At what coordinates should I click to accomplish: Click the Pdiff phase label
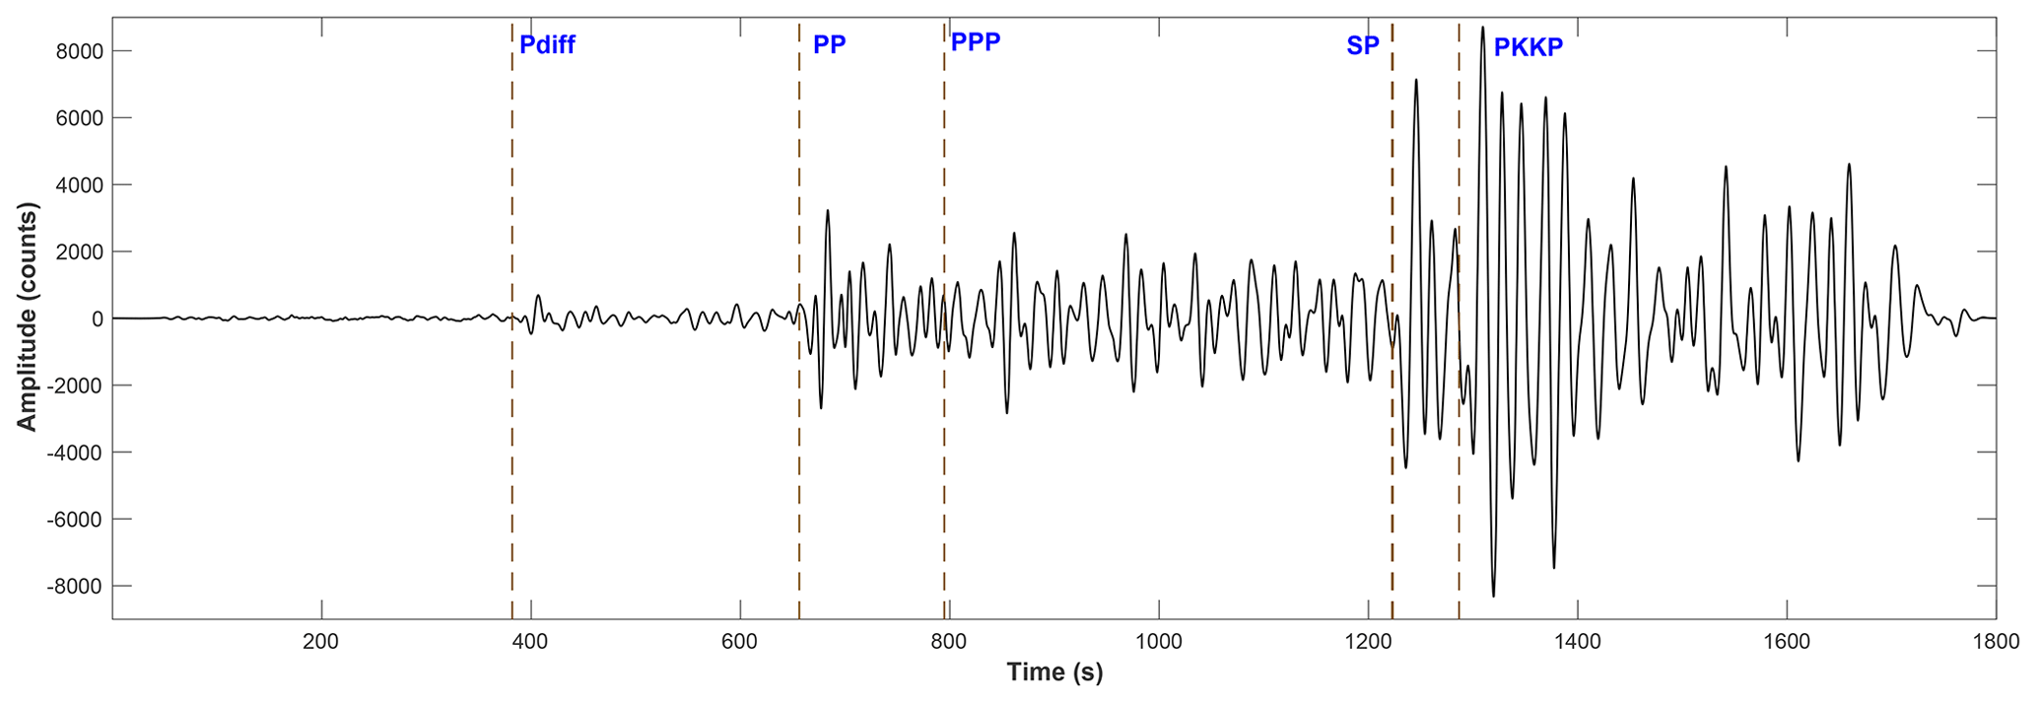[x=547, y=44]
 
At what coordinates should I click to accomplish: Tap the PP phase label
[x=829, y=44]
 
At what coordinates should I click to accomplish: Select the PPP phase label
[x=975, y=41]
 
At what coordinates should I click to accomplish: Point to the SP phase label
[x=1362, y=45]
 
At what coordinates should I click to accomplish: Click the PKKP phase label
[x=1528, y=47]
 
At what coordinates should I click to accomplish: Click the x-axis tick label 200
[x=321, y=642]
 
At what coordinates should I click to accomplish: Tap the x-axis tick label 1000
[x=1158, y=642]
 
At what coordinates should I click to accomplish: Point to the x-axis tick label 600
[x=739, y=642]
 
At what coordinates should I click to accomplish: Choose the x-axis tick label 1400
[x=1577, y=642]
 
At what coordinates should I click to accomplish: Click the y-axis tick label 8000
[x=79, y=51]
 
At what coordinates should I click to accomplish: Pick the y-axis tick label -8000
[x=75, y=587]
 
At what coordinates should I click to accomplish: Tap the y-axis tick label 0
[x=97, y=319]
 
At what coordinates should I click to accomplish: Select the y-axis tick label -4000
[x=75, y=453]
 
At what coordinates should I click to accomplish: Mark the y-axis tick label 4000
[x=79, y=185]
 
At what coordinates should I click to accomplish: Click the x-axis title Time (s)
[x=1054, y=672]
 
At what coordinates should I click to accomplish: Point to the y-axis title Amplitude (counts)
[x=27, y=317]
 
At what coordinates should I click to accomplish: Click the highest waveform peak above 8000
[x=1482, y=29]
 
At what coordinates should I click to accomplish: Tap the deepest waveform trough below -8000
[x=1493, y=595]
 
